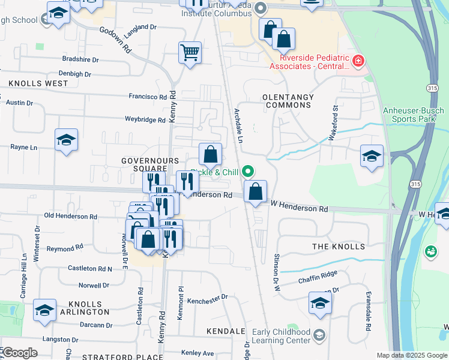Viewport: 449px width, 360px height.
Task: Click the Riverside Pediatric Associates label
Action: click(x=313, y=62)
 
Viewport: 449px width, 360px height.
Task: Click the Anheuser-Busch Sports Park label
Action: click(x=414, y=115)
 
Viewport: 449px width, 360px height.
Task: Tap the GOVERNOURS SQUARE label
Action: click(x=150, y=165)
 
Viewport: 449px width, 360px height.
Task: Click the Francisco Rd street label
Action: click(x=147, y=97)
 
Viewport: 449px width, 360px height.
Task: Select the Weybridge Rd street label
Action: click(x=145, y=120)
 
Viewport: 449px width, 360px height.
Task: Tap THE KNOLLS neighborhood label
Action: click(x=339, y=247)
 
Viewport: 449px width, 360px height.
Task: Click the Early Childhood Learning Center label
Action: click(x=282, y=336)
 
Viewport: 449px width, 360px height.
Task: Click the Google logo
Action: click(x=20, y=352)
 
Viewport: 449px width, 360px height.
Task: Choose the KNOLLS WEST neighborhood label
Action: click(x=38, y=83)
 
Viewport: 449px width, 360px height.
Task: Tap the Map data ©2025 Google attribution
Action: click(x=412, y=355)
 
